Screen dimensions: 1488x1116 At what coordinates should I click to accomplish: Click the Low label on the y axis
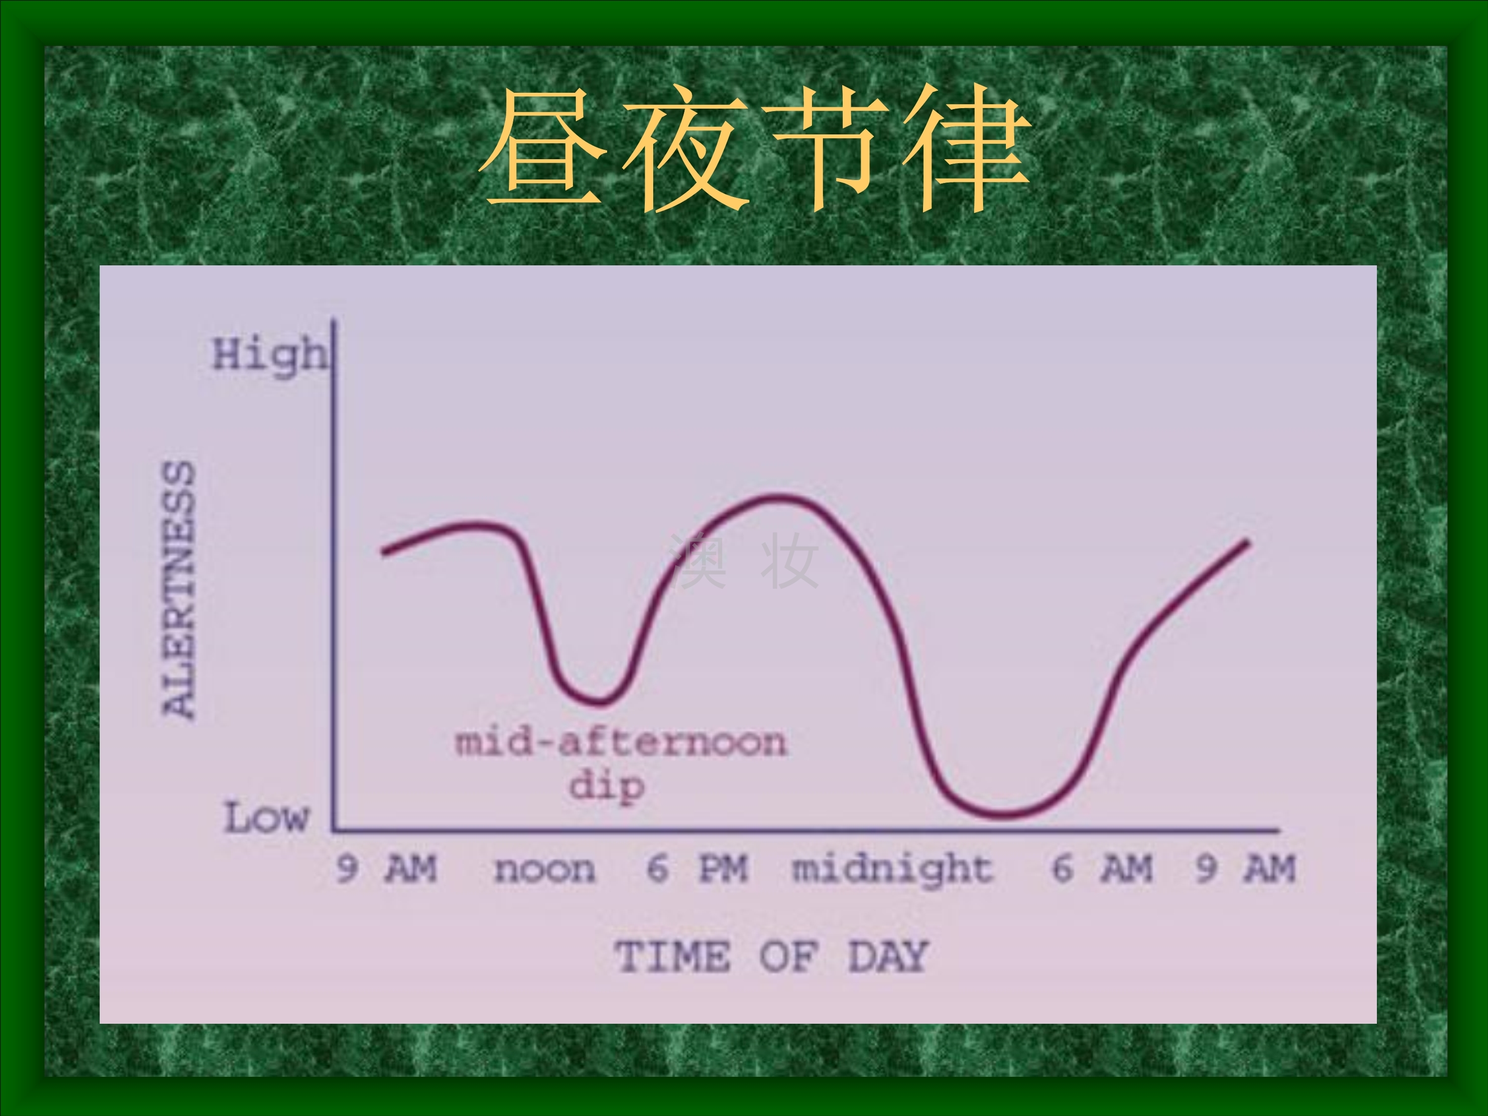point(266,817)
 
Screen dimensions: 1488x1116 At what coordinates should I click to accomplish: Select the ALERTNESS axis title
point(179,590)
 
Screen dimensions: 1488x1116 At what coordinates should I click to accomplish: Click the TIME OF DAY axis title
point(772,957)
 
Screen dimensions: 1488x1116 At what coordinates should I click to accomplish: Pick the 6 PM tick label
point(697,868)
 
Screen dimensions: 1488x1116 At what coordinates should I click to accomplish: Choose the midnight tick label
point(892,869)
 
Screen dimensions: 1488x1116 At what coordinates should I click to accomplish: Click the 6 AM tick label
point(1102,868)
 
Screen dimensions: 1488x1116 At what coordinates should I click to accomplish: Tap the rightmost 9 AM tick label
point(1245,868)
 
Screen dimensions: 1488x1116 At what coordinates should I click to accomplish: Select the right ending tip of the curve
point(1246,542)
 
